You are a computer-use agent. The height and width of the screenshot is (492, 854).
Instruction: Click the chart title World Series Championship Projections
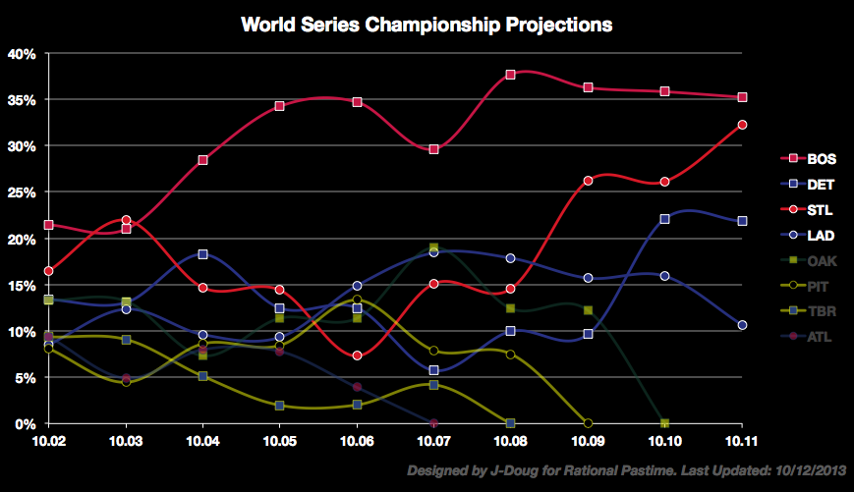(x=427, y=24)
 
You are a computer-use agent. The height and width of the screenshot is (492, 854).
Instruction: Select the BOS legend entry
(x=796, y=156)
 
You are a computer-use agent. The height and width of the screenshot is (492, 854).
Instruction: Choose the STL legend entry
(x=796, y=208)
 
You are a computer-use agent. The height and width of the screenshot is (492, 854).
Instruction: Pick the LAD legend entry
(x=796, y=234)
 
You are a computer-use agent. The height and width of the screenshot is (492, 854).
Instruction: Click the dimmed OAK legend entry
(x=796, y=260)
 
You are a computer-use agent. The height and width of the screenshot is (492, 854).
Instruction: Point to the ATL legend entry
(x=796, y=339)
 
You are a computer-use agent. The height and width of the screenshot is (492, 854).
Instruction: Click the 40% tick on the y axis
(x=22, y=54)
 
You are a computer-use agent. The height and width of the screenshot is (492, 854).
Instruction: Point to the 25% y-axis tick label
(x=22, y=192)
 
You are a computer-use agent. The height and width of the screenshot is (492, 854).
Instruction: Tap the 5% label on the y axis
(x=25, y=378)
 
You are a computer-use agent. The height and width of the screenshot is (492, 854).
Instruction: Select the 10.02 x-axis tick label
(x=48, y=443)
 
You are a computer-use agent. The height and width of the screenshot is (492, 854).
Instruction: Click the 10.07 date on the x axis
(x=433, y=443)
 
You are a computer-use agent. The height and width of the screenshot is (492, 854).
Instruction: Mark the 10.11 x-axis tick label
(x=742, y=443)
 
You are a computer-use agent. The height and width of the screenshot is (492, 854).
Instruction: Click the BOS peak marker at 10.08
(x=511, y=75)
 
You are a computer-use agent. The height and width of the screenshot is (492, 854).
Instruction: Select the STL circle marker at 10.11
(x=742, y=125)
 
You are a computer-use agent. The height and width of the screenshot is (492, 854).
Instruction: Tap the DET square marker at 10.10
(x=665, y=219)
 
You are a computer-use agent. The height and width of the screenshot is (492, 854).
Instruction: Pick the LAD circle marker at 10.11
(x=742, y=325)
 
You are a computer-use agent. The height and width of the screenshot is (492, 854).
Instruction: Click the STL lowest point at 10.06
(x=357, y=355)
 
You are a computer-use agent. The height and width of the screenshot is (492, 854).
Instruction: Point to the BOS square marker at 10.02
(x=48, y=225)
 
